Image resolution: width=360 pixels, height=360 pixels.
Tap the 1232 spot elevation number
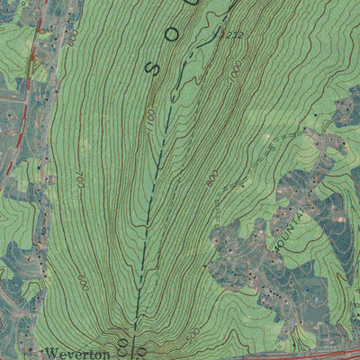click(x=232, y=33)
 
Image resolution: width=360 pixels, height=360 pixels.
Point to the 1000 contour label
click(x=237, y=76)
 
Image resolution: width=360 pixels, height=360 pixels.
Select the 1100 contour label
click(x=150, y=116)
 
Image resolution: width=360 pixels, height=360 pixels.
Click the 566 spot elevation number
click(x=46, y=36)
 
